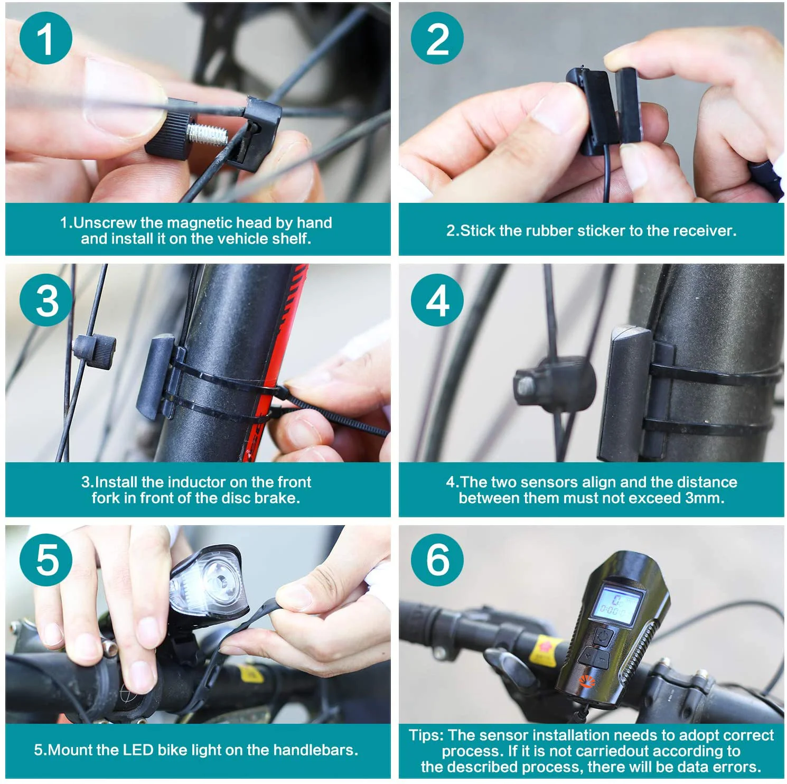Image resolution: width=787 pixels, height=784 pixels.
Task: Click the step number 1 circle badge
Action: coord(46,38)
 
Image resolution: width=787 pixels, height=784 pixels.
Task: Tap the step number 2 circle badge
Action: coord(437,38)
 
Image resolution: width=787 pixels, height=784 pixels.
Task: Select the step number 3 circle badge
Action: coord(46,300)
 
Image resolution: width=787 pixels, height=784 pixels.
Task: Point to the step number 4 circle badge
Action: coord(437,300)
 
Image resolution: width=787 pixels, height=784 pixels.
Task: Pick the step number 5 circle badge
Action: coord(46,559)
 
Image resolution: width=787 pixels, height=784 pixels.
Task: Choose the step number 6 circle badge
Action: coord(437,559)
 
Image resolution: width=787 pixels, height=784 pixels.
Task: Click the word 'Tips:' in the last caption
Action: coord(427,735)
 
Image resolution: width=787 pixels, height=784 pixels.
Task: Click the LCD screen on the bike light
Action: coord(617,604)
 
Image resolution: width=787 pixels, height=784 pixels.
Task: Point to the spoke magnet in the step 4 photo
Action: coord(553,381)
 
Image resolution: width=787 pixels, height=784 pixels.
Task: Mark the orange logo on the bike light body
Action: coord(586,681)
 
